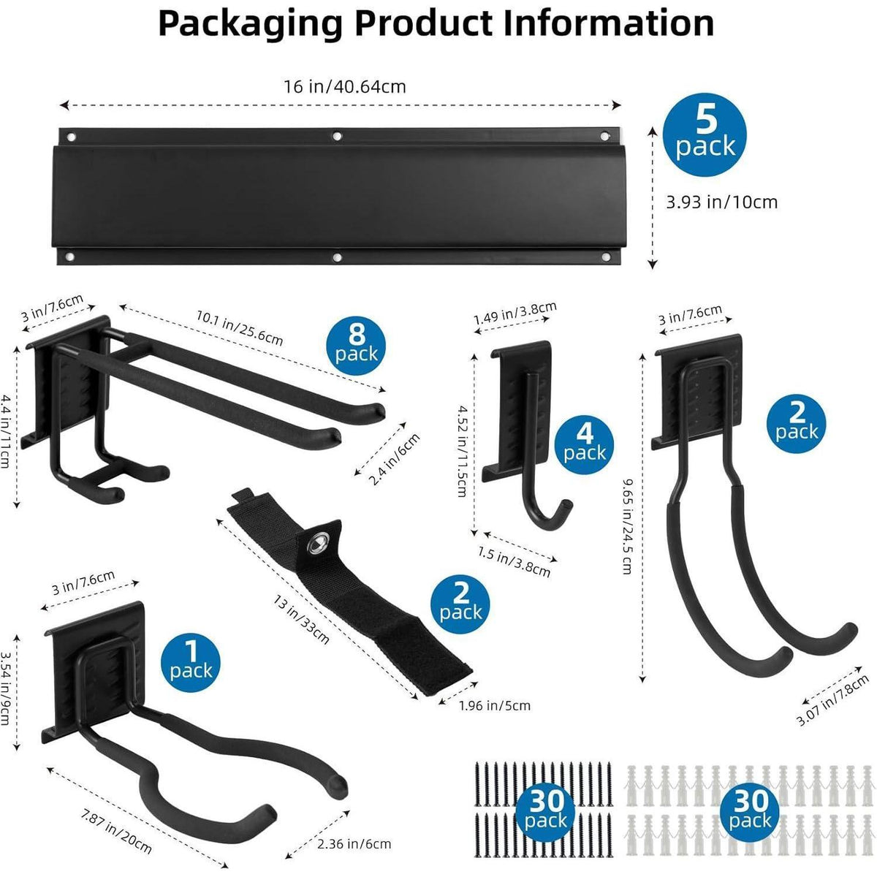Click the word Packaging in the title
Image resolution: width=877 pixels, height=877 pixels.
click(250, 23)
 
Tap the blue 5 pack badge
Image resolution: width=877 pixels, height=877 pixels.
click(705, 134)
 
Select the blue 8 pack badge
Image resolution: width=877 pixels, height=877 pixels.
click(357, 346)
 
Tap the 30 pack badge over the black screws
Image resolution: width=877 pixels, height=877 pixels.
click(545, 813)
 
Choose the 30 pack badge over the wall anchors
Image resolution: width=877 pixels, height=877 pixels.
click(750, 813)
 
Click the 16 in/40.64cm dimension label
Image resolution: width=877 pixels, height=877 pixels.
click(345, 86)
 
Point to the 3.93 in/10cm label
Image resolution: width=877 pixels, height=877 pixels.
click(722, 202)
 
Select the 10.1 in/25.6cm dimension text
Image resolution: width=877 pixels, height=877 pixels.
click(240, 327)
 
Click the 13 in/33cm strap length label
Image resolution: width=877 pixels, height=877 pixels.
click(301, 620)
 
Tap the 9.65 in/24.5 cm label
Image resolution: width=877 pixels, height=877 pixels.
click(628, 525)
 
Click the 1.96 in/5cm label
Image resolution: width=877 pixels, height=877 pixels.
click(495, 706)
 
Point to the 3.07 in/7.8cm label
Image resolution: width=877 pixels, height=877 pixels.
click(833, 701)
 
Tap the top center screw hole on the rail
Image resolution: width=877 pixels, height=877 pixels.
click(337, 136)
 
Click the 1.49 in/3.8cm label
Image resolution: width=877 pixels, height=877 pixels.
click(515, 313)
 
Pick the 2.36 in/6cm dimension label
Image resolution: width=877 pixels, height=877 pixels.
click(354, 844)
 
